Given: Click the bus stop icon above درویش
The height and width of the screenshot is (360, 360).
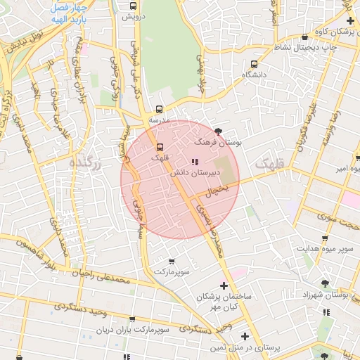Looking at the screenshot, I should [x=131, y=5].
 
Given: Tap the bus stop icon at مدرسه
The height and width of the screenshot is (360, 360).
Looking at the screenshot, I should [x=160, y=109].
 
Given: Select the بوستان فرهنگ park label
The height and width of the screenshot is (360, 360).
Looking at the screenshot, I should [x=218, y=142].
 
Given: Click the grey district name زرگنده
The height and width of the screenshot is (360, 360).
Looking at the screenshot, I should [x=87, y=162].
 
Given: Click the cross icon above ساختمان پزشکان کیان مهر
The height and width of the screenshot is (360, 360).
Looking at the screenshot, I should [x=224, y=285].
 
